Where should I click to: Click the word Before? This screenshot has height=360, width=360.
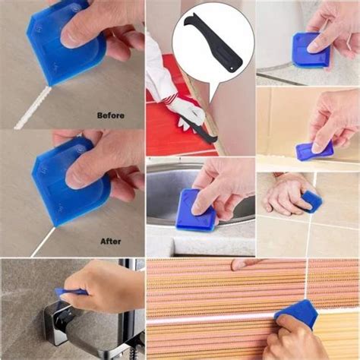(110, 115)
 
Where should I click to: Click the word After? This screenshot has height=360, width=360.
(111, 242)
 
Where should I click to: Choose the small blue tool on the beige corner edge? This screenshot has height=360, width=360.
(313, 151)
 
